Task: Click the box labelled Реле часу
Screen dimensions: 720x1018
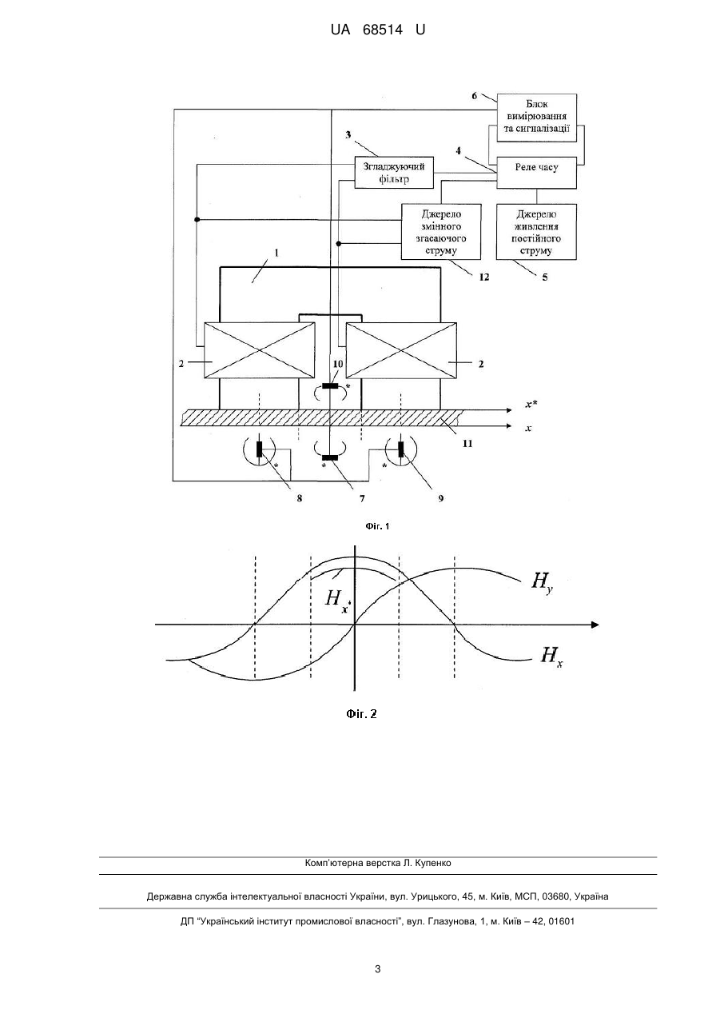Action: tap(536, 173)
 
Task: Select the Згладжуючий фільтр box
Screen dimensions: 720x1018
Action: tap(394, 172)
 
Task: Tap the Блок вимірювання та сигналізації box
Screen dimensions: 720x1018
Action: tap(536, 118)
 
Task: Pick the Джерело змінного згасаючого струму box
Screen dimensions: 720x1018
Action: tap(441, 232)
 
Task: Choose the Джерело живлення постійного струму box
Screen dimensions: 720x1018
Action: tap(536, 232)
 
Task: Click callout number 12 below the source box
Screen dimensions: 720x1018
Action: tap(483, 277)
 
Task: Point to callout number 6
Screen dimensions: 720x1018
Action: tap(474, 95)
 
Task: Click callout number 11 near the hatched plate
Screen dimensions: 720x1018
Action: tap(467, 443)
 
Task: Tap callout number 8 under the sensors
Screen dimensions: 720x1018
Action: tap(300, 498)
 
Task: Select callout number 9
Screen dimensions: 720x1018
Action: tap(440, 498)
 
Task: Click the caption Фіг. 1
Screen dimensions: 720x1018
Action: tap(377, 526)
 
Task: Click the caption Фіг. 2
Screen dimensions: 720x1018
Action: tap(361, 713)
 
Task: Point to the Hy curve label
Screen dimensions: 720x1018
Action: tap(542, 582)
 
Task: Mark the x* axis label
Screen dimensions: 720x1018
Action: tap(531, 404)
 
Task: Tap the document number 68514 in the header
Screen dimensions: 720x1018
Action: tap(383, 30)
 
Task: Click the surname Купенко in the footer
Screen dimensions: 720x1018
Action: tap(433, 863)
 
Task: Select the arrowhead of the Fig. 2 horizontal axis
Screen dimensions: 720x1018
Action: tap(595, 625)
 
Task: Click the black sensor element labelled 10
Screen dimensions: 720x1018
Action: tap(330, 386)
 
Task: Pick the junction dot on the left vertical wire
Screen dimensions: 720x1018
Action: tap(197, 219)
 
